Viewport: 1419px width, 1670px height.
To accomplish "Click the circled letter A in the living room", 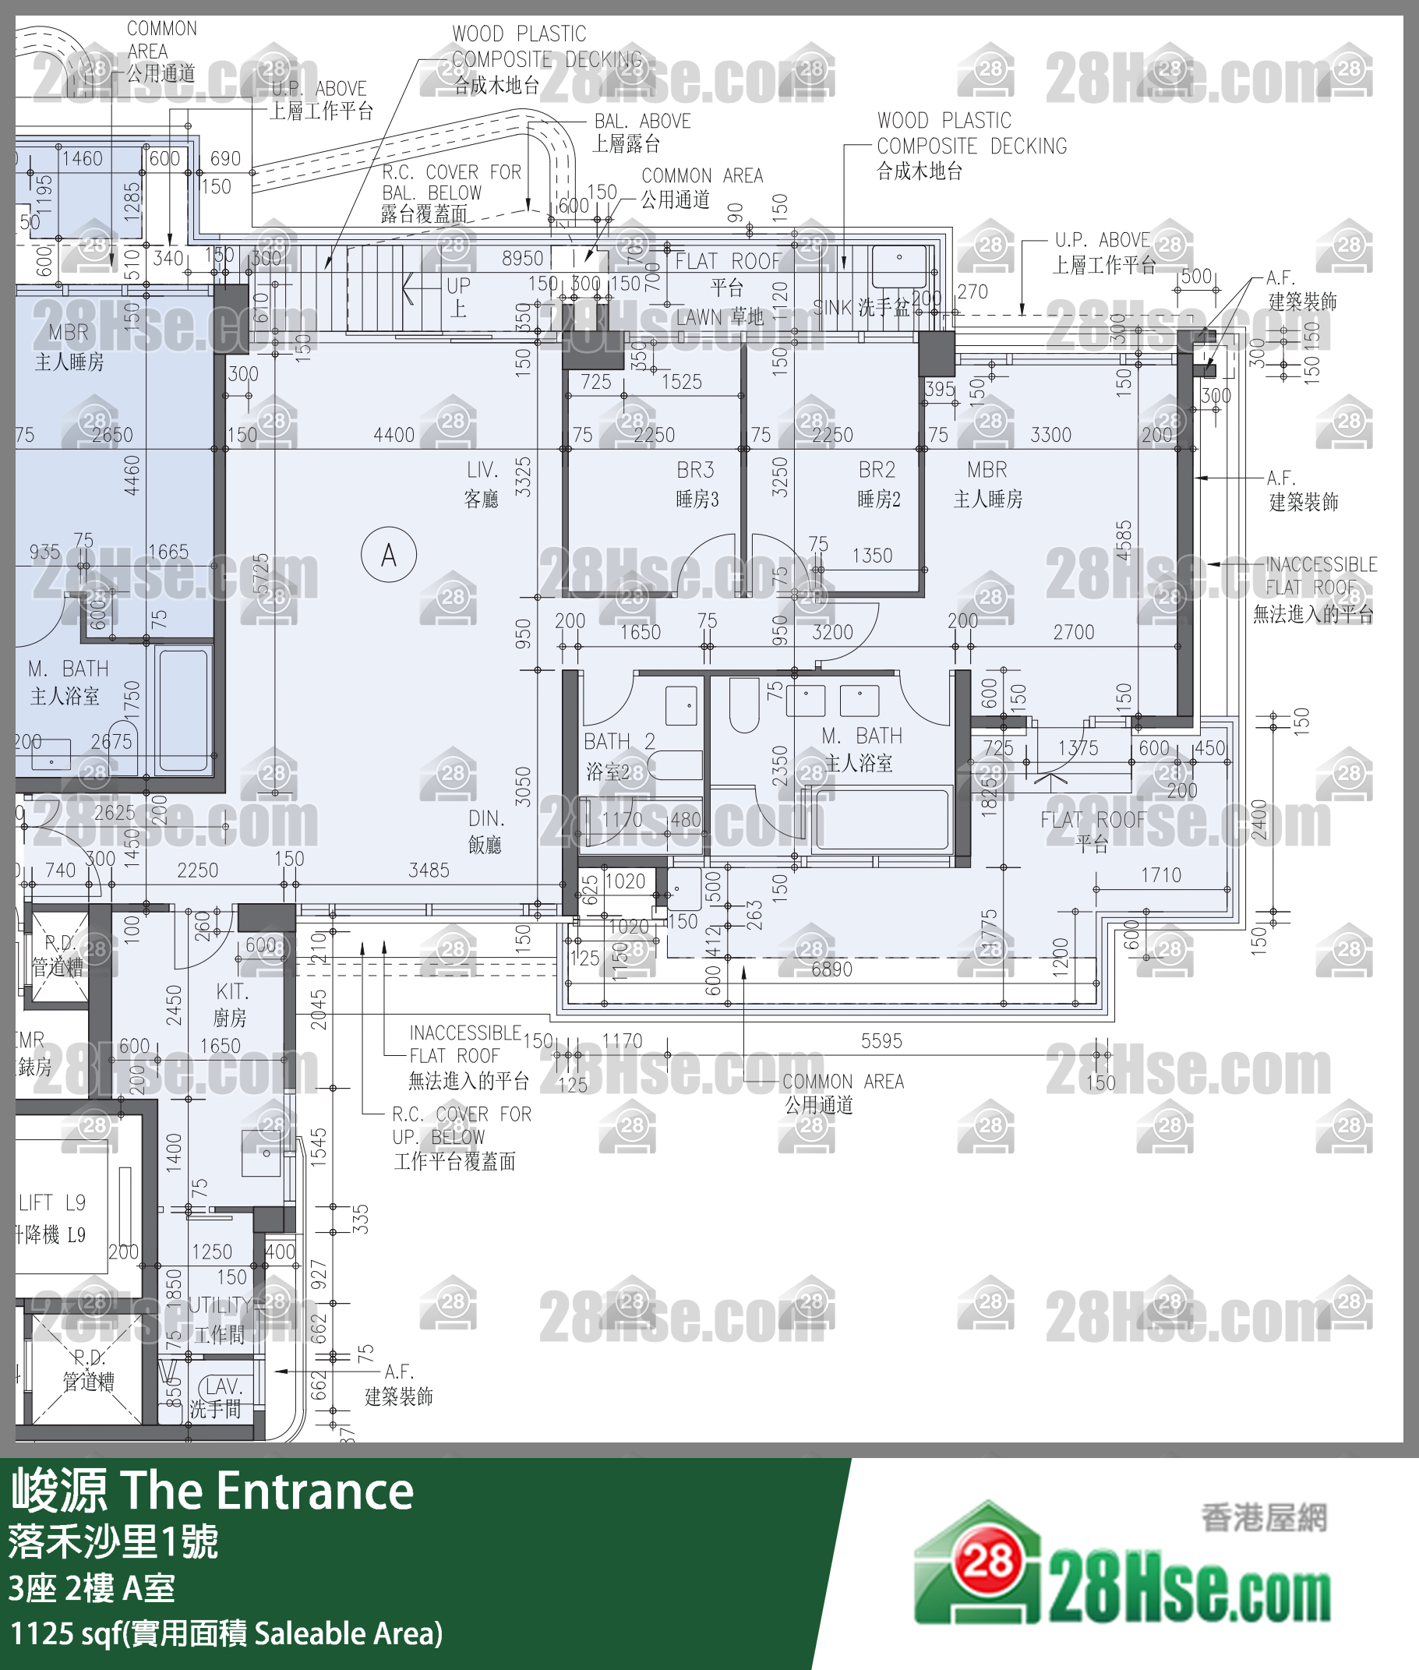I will [389, 555].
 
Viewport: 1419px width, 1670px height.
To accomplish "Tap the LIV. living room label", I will [482, 470].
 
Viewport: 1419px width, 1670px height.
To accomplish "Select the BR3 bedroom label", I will [695, 470].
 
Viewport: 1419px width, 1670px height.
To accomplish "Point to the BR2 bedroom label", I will [876, 470].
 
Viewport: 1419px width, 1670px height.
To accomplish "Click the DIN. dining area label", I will [486, 819].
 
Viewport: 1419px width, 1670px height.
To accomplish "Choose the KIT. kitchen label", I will [232, 992].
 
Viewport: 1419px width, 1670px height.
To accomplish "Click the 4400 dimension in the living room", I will [394, 435].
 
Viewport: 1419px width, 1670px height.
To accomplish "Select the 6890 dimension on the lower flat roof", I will [831, 969].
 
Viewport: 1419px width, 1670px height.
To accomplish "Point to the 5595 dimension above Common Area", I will [881, 1041].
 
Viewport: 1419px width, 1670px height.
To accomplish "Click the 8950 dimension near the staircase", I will [522, 258].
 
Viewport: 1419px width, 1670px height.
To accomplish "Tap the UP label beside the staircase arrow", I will [458, 286].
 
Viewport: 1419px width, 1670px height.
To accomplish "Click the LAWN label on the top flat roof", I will [698, 319].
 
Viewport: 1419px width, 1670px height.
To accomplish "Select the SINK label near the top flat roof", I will [831, 307].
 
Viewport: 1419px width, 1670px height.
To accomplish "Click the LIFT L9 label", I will [51, 1202].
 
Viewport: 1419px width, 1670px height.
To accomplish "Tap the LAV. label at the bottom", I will [223, 1386].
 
